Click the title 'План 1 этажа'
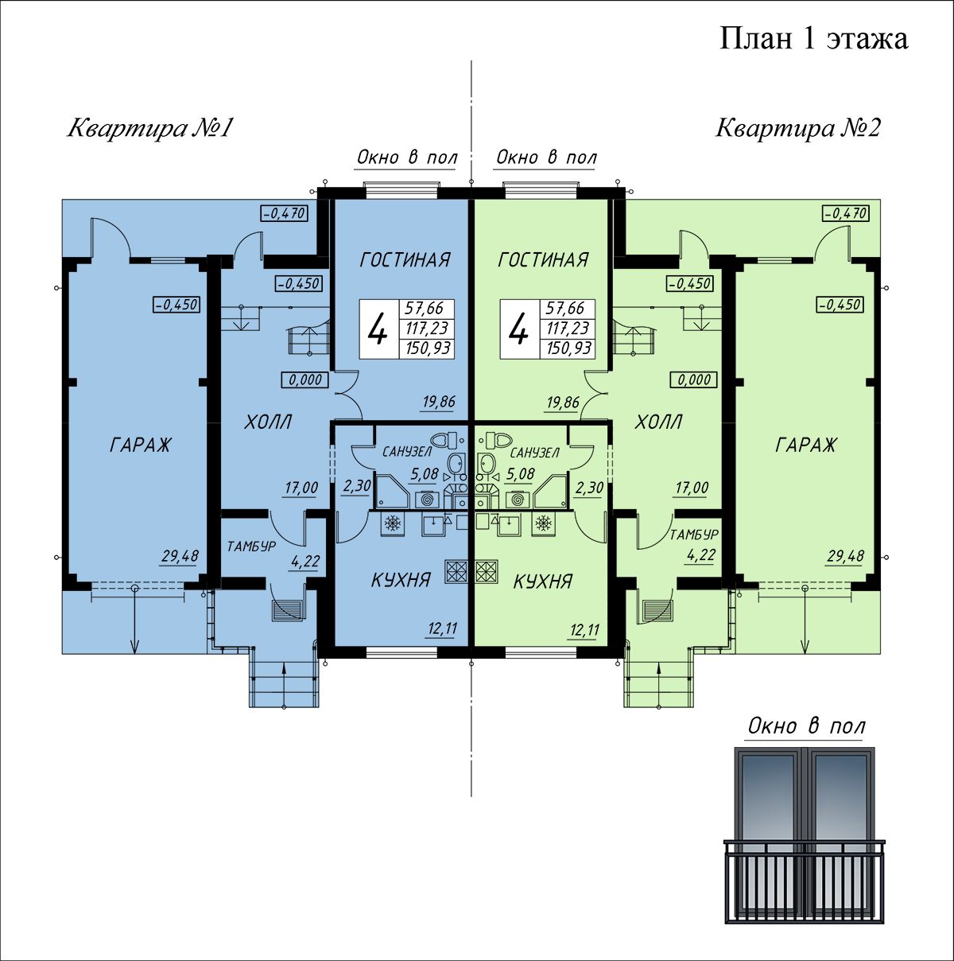tap(813, 39)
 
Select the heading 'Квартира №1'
tap(150, 128)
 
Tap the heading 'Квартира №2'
tap(798, 128)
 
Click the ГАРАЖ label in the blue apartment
tap(141, 445)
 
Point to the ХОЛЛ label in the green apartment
tap(658, 422)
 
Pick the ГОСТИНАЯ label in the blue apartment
tap(405, 260)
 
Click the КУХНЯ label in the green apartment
tap(543, 582)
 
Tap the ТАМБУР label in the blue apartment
tap(251, 547)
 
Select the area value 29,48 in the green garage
tap(845, 555)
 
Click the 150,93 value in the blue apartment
tap(428, 348)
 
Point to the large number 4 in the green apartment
tap(518, 329)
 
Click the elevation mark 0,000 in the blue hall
tap(305, 380)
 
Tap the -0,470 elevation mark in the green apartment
tap(846, 213)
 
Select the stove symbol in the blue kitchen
tap(457, 571)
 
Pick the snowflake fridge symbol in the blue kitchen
tap(393, 524)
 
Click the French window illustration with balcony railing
tap(804, 842)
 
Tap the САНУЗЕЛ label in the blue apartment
tap(407, 453)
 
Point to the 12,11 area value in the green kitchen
tap(584, 630)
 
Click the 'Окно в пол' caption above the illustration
tap(806, 726)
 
